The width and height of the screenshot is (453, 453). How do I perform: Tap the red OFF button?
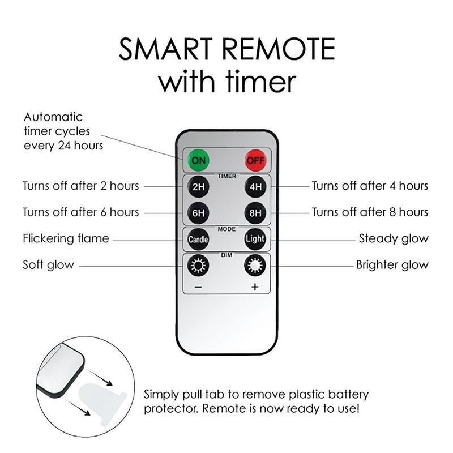[255, 160]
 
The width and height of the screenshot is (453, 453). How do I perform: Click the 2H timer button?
[198, 187]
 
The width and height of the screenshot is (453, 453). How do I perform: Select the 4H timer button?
[255, 187]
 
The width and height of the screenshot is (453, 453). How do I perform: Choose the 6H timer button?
[198, 213]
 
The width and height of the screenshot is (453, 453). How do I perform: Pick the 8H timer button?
[255, 213]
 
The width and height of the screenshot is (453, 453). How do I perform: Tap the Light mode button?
[255, 239]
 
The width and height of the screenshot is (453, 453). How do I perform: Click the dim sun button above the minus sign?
[198, 265]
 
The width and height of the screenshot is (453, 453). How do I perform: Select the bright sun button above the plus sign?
[255, 265]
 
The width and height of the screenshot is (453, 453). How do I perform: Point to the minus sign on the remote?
[198, 287]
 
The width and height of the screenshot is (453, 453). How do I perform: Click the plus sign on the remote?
[255, 287]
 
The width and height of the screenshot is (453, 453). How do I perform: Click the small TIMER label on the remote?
[227, 176]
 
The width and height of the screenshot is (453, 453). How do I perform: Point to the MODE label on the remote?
[227, 229]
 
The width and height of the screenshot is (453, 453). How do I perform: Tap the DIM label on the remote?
[227, 255]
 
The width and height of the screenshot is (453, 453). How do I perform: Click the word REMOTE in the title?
[279, 49]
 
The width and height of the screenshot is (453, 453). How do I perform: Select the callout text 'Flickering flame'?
[66, 238]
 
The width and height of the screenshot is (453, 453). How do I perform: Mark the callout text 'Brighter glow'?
[392, 265]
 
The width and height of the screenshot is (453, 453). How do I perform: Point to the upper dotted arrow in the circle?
[100, 377]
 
